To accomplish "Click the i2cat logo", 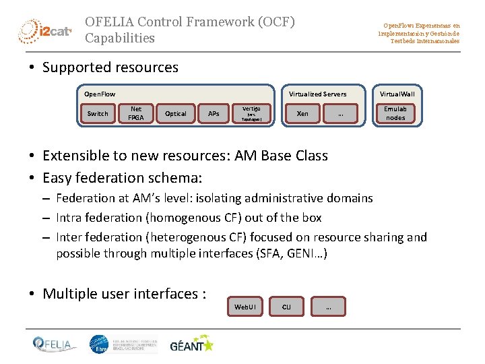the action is pos(44,30).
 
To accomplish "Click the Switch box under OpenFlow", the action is pos(98,113).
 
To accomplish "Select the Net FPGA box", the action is pos(136,113).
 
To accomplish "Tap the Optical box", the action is pos(176,113).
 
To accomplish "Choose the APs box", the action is pos(214,113).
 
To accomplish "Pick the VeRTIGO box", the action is pos(251,113).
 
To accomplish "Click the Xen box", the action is pos(303,113).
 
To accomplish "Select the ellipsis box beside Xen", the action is pos(341,113).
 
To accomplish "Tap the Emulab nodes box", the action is pos(395,113).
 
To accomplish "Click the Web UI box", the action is pos(245,307).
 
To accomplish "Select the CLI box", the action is pos(286,307).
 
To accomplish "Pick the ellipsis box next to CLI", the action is pos(328,307).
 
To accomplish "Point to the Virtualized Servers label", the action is pos(318,94).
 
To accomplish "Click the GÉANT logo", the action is pos(191,344).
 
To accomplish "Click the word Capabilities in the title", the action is pos(120,38).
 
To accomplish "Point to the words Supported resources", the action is pos(110,67).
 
